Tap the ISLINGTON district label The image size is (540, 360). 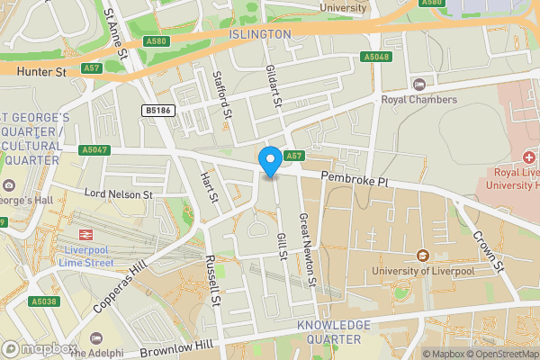click(x=260, y=34)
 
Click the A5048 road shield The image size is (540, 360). click(x=377, y=57)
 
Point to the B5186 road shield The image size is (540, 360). click(x=158, y=111)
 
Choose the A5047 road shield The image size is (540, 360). click(x=94, y=149)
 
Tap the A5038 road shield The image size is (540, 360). click(x=43, y=301)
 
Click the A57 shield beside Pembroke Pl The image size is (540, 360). click(x=293, y=156)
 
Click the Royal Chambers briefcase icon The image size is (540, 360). click(x=418, y=85)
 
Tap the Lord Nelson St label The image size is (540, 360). click(x=119, y=193)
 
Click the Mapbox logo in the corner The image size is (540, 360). click(x=38, y=348)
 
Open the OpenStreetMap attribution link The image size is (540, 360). click(x=503, y=354)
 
